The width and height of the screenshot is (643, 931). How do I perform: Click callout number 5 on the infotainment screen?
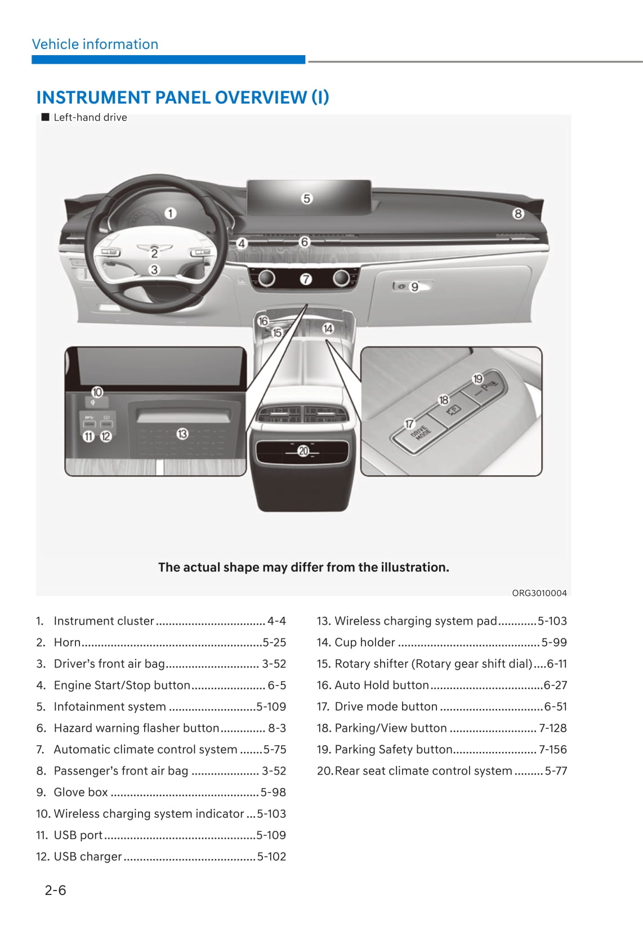(x=306, y=199)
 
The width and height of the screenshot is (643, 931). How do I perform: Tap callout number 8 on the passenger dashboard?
(x=517, y=214)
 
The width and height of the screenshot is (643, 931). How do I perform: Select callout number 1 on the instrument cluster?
(x=170, y=213)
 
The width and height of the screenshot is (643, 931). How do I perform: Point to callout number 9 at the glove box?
(x=414, y=287)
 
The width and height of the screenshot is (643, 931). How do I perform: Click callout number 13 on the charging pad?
(x=182, y=434)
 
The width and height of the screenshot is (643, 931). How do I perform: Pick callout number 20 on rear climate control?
(x=303, y=451)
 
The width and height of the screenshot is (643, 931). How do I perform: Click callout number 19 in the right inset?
(x=478, y=379)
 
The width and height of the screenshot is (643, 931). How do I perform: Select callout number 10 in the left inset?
(x=97, y=392)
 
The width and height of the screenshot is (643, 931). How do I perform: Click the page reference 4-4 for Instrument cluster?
(x=276, y=621)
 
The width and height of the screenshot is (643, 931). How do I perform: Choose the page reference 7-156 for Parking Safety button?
(x=552, y=749)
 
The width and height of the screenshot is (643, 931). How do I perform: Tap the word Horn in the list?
(x=67, y=642)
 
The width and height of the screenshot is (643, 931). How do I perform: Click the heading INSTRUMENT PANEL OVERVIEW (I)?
(x=182, y=97)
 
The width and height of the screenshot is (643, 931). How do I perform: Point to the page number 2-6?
(x=55, y=890)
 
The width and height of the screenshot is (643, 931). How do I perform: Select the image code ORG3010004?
(x=539, y=593)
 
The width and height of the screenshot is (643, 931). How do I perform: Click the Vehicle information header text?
(x=95, y=44)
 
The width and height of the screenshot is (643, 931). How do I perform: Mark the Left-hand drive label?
(x=90, y=118)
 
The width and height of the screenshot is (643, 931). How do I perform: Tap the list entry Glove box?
(x=81, y=792)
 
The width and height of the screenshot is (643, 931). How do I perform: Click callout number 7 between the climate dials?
(x=305, y=279)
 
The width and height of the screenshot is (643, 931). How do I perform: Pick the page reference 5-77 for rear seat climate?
(x=555, y=771)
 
